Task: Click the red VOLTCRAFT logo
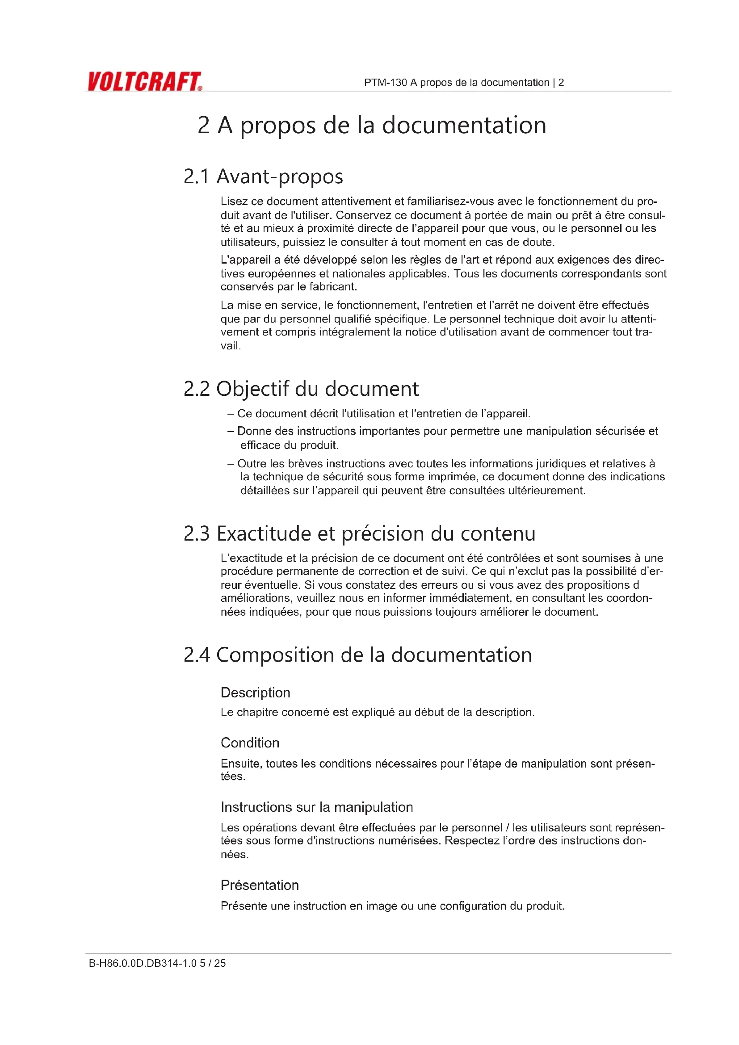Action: [144, 81]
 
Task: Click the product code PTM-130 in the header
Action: [385, 82]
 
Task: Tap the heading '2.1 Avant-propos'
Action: [263, 176]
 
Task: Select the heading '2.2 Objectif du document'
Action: [301, 389]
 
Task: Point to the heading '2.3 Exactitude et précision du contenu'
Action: [360, 533]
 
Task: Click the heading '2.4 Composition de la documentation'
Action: [358, 655]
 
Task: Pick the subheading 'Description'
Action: [255, 693]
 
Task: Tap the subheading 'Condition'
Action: [250, 743]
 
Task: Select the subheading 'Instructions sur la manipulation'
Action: [317, 807]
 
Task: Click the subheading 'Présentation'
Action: [260, 885]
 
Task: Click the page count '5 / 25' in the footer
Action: [213, 963]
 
